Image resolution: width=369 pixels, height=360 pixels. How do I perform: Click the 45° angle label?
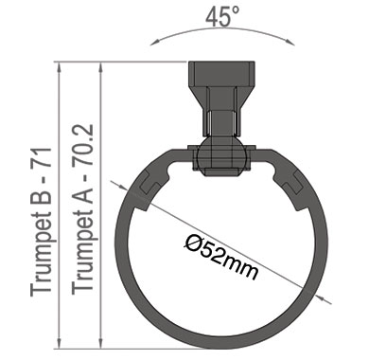click(222, 17)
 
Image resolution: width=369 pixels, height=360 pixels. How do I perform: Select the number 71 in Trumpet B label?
click(41, 157)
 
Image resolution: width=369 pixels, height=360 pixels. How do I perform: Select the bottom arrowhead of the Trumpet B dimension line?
click(59, 344)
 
